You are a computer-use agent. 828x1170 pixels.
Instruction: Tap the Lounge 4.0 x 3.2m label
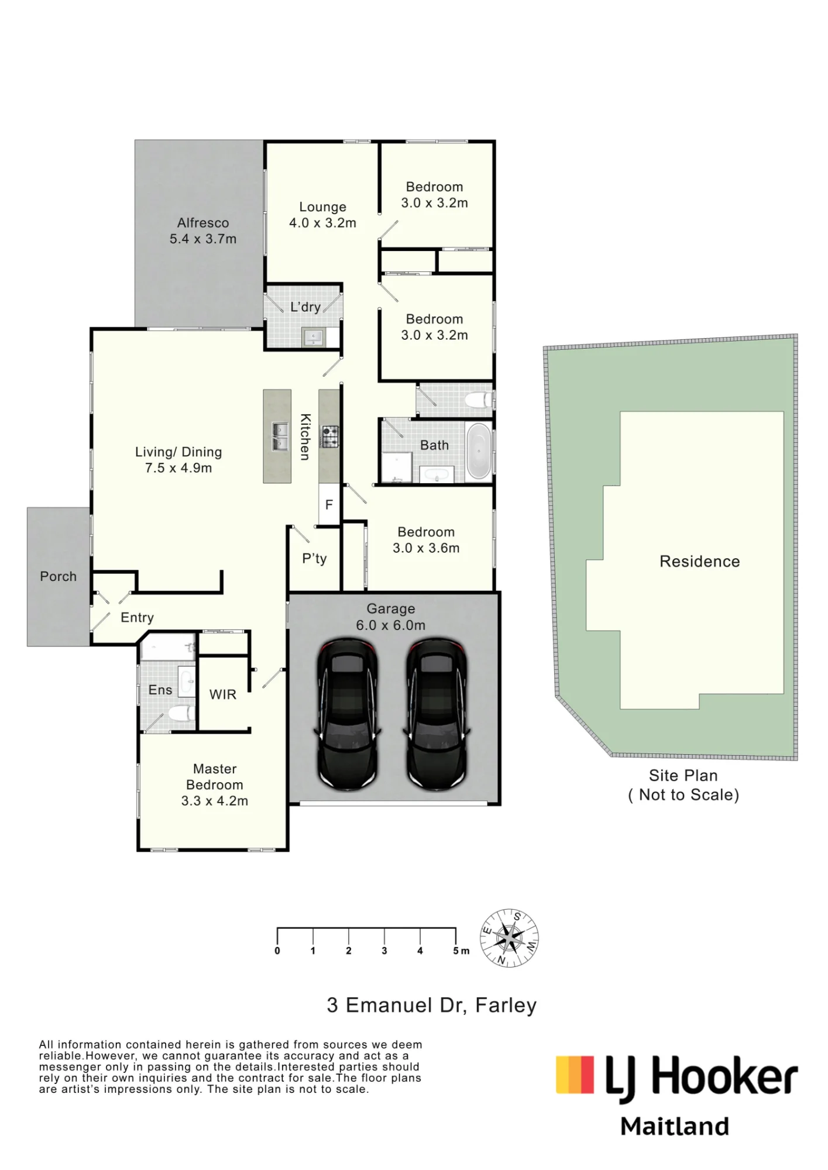tap(322, 215)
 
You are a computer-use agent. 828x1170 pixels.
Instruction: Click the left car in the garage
tap(347, 714)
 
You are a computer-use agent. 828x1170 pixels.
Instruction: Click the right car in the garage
tap(437, 714)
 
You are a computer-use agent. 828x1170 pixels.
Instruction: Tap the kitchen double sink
tap(280, 437)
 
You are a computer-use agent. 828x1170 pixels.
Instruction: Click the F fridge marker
tap(329, 504)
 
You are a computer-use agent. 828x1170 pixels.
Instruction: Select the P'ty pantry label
tap(314, 559)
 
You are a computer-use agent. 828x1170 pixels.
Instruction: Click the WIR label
tap(223, 694)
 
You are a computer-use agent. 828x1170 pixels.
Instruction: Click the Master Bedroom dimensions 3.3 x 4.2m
tap(215, 801)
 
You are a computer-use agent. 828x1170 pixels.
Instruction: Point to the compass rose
tap(509, 938)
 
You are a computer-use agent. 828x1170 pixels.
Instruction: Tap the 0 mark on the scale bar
tap(277, 951)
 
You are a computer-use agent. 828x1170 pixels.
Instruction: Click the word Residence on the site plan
tap(700, 562)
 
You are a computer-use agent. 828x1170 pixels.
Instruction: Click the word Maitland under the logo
tap(675, 1126)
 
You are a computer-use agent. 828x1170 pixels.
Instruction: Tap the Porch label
tap(59, 576)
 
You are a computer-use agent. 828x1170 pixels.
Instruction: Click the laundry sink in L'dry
tap(314, 337)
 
